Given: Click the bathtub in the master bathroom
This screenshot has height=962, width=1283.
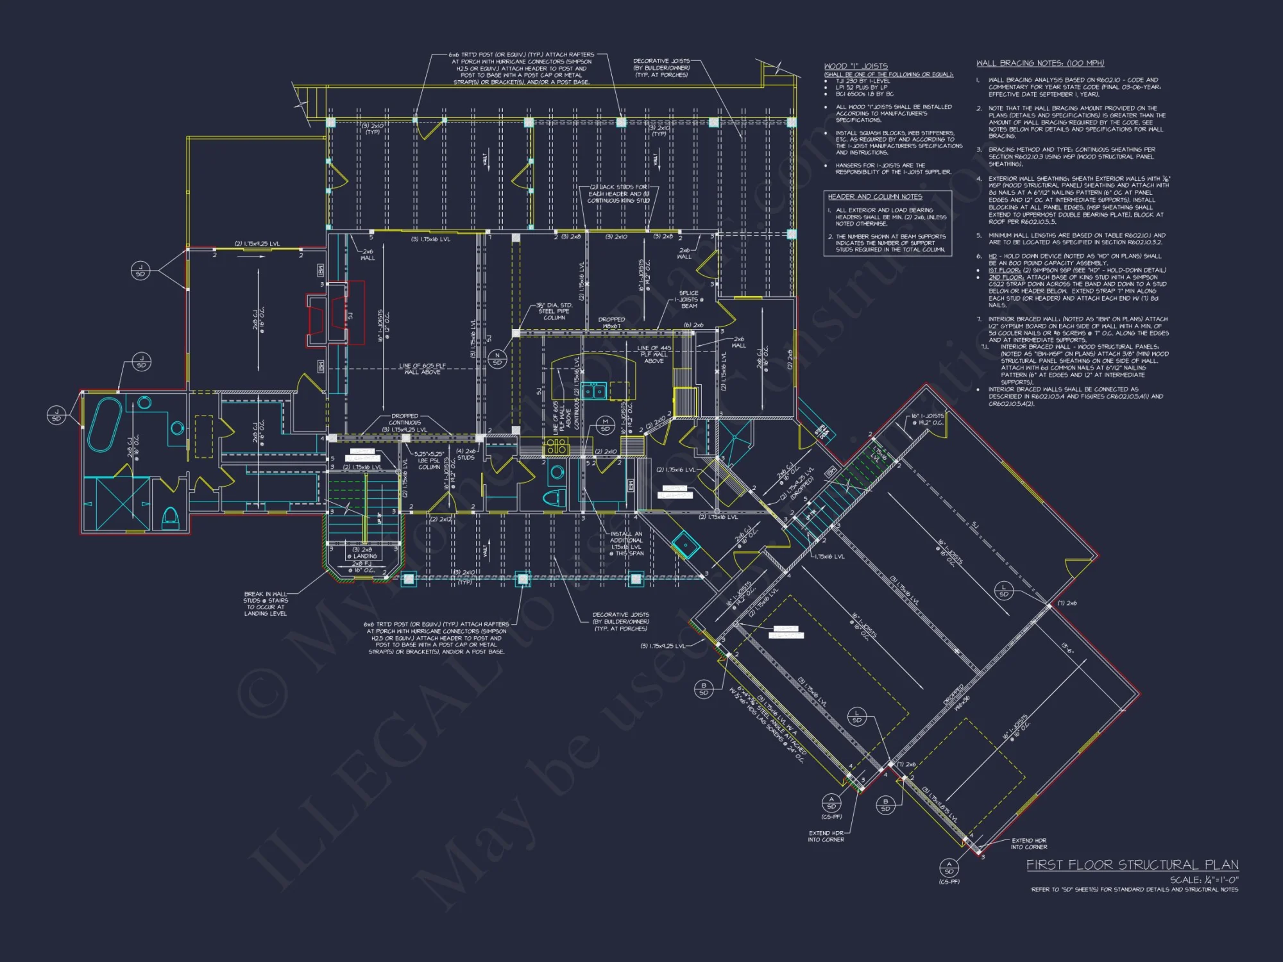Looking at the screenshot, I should click(105, 424).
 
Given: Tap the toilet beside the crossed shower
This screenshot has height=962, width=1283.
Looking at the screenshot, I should click(170, 516).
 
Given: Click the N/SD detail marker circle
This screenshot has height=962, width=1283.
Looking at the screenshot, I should click(497, 359).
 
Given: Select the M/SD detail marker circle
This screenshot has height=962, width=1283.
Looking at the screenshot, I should click(605, 425).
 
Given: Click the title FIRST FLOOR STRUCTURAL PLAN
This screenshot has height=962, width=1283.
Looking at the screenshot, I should click(1132, 865).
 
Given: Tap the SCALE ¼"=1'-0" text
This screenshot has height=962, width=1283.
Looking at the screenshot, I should click(1204, 880).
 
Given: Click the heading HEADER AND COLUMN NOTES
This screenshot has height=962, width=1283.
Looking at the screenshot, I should click(875, 197).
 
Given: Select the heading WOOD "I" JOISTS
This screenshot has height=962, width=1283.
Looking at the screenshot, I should click(856, 66).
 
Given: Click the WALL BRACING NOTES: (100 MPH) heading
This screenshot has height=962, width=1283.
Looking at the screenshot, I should click(1040, 63).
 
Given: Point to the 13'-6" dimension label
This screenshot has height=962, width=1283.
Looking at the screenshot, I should click(1067, 648).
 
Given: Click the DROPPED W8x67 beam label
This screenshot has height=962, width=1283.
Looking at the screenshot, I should click(611, 323).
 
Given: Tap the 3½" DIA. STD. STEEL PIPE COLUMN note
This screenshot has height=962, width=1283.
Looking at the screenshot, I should click(555, 311).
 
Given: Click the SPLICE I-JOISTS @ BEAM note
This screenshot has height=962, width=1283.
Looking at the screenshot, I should click(689, 300).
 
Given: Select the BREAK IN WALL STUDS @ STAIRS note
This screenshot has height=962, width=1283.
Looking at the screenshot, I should click(266, 603).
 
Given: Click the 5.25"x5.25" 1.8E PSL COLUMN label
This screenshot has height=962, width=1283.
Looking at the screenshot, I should click(429, 460).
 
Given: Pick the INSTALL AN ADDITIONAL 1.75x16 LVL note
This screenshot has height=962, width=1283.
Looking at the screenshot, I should click(625, 543).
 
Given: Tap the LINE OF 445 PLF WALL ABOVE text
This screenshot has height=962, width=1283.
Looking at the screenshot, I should click(654, 354).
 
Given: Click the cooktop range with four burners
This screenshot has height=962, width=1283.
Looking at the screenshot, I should click(556, 446).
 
